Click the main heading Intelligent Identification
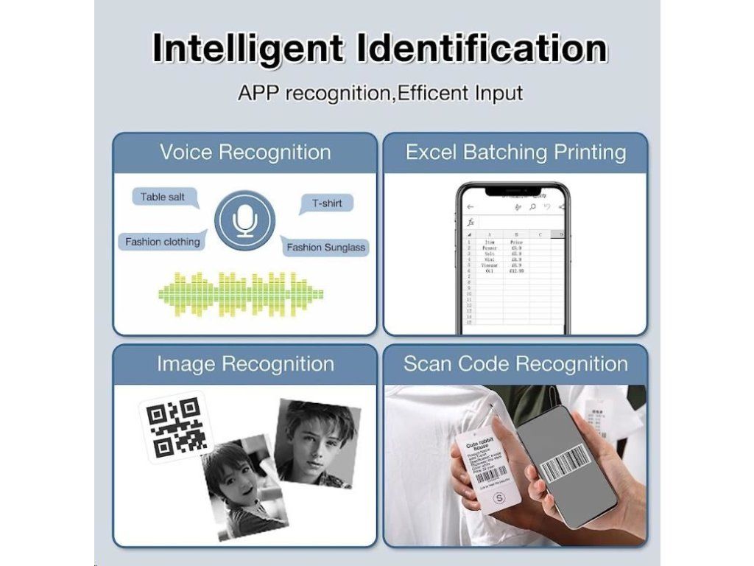[x=379, y=49]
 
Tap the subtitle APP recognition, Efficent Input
[x=380, y=94]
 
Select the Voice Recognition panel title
[x=245, y=153]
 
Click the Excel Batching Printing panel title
[x=515, y=153]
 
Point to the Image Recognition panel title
[x=245, y=364]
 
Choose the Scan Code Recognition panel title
[x=515, y=364]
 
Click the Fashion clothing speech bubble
[x=162, y=242]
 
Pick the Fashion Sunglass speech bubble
[x=325, y=247]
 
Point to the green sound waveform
[x=241, y=293]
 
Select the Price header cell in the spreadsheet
[x=516, y=241]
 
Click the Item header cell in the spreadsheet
[x=490, y=241]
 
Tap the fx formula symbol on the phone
[x=471, y=222]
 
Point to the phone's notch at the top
[x=513, y=191]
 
